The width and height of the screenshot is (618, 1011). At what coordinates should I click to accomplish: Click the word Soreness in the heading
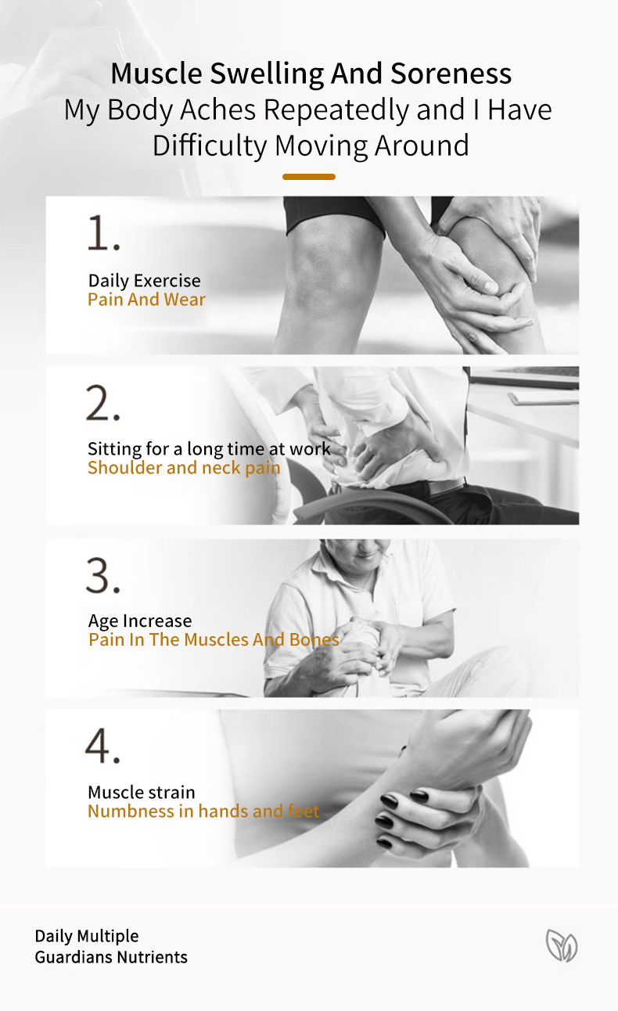[451, 73]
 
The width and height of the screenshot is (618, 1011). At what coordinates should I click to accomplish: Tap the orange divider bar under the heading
[309, 177]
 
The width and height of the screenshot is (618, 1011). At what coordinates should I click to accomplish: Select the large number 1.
[103, 233]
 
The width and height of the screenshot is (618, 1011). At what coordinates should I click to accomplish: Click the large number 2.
[103, 403]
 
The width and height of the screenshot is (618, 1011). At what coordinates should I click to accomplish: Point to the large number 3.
[103, 575]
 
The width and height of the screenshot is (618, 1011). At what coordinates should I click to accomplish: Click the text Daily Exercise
[145, 281]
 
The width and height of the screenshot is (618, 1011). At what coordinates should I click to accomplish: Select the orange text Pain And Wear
[146, 300]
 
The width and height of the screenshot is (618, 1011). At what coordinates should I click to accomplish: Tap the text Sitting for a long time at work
[210, 449]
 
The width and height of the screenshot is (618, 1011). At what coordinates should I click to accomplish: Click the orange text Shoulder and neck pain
[184, 468]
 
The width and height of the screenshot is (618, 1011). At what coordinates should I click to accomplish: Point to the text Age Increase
[140, 621]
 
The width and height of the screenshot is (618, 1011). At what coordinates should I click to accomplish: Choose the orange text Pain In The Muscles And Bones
[214, 639]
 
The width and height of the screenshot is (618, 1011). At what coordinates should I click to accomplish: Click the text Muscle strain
[142, 793]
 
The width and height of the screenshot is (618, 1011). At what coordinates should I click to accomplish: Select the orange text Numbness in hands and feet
[203, 811]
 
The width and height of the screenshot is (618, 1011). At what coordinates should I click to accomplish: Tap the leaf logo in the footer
[562, 945]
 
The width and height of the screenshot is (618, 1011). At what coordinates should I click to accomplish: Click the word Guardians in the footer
[74, 957]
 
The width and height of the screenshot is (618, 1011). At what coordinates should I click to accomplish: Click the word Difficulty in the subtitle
[210, 146]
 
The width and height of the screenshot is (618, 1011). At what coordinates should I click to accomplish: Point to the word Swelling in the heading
[267, 74]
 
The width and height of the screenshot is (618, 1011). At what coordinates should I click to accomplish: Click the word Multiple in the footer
[108, 937]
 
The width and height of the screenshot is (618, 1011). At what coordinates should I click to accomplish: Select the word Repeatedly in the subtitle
[336, 110]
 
